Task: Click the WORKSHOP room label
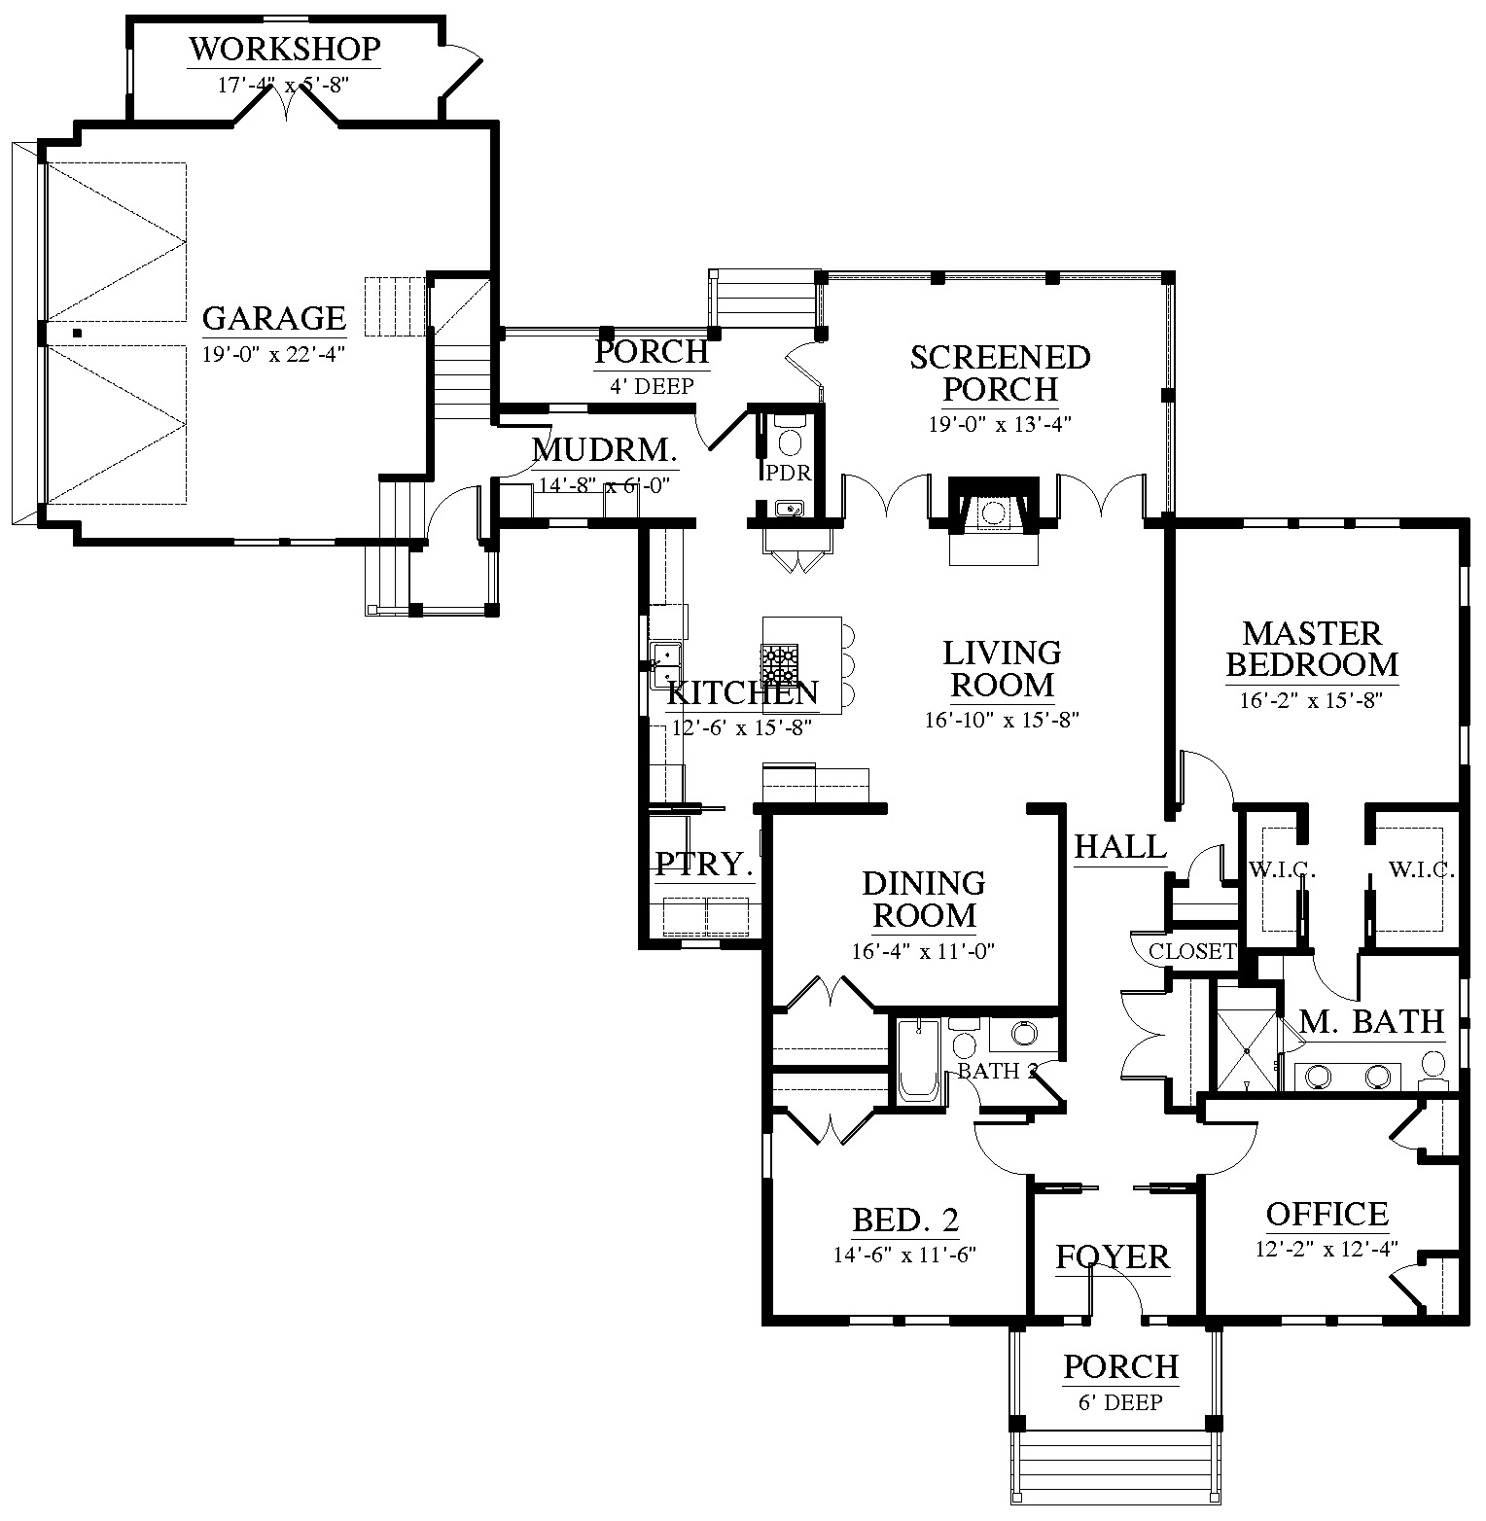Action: [x=284, y=49]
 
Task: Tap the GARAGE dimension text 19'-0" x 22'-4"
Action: [x=273, y=355]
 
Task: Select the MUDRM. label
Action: [x=603, y=450]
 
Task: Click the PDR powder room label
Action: [x=789, y=473]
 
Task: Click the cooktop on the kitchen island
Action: [x=780, y=666]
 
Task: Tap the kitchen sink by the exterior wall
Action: [x=665, y=665]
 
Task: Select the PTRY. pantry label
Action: [x=704, y=864]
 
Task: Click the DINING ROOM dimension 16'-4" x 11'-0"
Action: [x=923, y=952]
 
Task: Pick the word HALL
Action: [x=1120, y=846]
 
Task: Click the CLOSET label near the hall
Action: [x=1191, y=951]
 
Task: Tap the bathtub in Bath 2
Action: [x=918, y=1060]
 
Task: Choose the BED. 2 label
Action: [x=905, y=1220]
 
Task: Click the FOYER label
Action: [x=1113, y=1257]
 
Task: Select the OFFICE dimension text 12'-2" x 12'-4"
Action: [x=1326, y=1249]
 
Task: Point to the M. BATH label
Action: [x=1371, y=1021]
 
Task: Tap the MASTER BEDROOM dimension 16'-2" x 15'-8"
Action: [x=1311, y=700]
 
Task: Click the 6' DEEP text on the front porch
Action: [x=1120, y=1402]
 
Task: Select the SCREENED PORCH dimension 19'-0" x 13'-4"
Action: [x=1000, y=424]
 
